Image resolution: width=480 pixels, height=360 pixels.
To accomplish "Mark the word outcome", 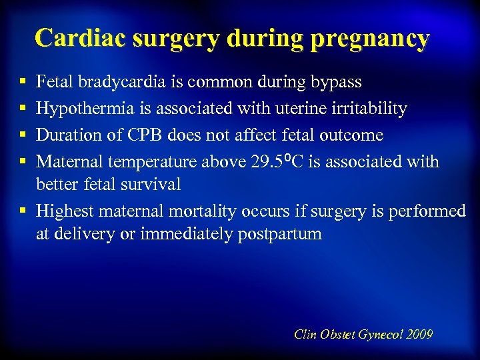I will click(x=351, y=135).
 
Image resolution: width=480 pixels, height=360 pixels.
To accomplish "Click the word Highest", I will click(x=64, y=211).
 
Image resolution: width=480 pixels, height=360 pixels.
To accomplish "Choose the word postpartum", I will click(x=279, y=235).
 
